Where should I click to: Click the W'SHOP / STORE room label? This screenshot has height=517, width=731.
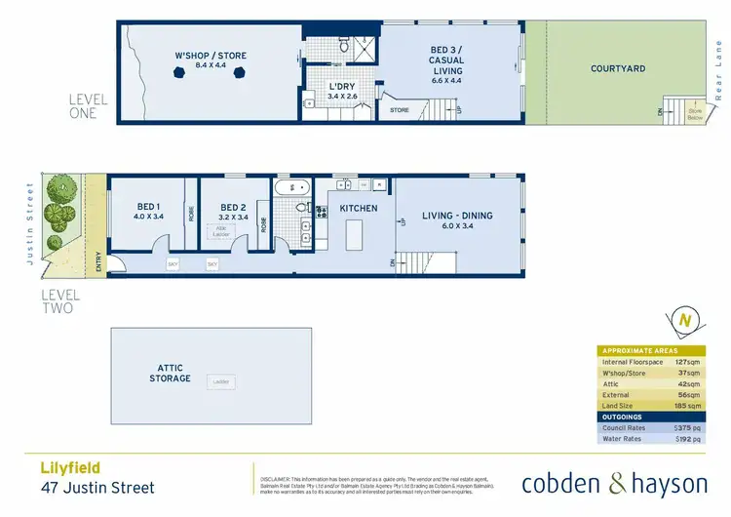coord(212,55)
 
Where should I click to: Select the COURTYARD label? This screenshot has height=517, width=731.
coord(618,68)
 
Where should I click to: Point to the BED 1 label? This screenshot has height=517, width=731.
coord(148,207)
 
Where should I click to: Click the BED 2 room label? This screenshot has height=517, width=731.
coord(232,207)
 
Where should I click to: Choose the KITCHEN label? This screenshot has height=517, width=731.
coord(358,209)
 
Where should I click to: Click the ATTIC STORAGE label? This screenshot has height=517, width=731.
coord(170,373)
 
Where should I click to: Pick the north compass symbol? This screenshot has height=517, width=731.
coord(686,321)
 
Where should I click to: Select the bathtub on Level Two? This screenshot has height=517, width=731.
coord(289,187)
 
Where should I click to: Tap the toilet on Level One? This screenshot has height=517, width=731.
coord(344,44)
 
